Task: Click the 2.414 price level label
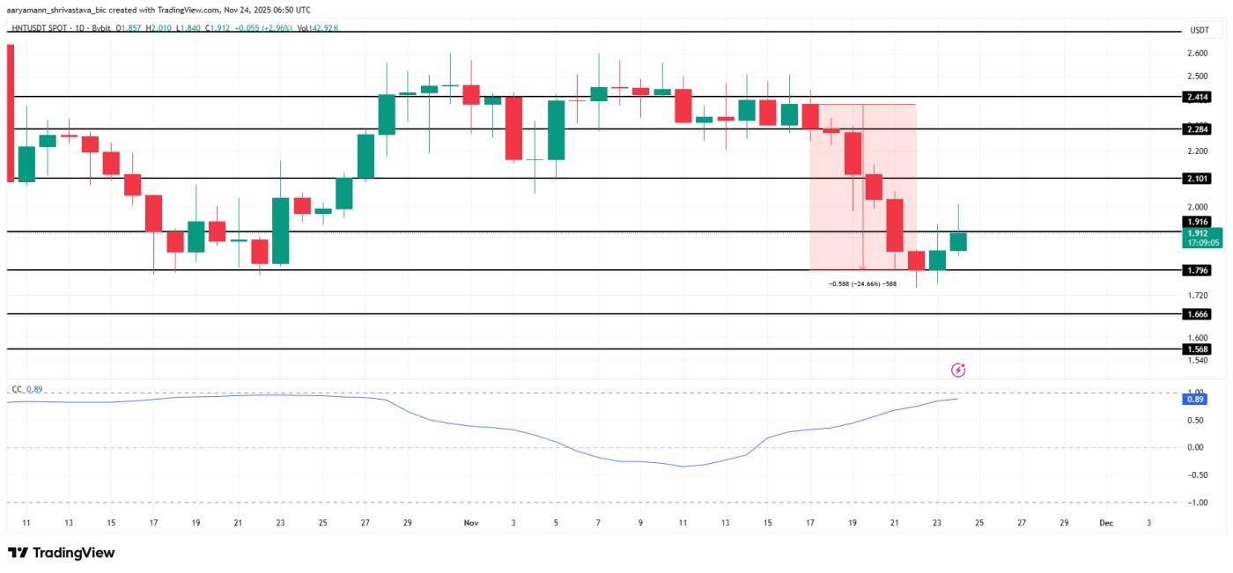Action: (x=1199, y=97)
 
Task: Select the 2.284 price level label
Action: (x=1199, y=129)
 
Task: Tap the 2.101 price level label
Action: (x=1199, y=179)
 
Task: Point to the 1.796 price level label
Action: (x=1199, y=270)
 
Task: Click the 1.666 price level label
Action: (x=1199, y=314)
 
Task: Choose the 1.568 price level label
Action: (x=1199, y=349)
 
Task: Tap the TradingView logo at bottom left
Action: (x=62, y=553)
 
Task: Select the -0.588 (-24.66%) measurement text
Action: (x=862, y=283)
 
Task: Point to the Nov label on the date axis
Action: (x=470, y=523)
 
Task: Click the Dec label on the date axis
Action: (x=1106, y=523)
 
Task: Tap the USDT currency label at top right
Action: (x=1199, y=30)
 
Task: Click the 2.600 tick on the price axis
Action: (x=1199, y=54)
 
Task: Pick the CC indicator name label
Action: (x=16, y=389)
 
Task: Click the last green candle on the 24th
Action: (x=958, y=241)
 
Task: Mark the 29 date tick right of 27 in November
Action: (x=1064, y=523)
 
